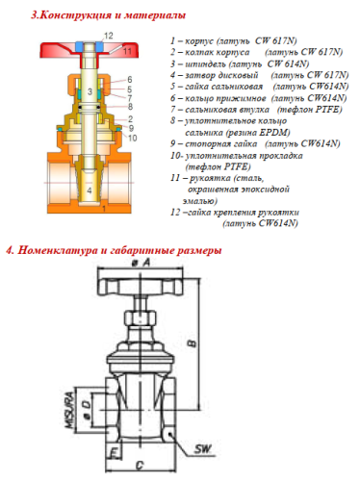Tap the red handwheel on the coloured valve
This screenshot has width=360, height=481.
pyautogui.click(x=91, y=49)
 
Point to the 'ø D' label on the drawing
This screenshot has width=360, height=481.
pyautogui.click(x=87, y=414)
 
